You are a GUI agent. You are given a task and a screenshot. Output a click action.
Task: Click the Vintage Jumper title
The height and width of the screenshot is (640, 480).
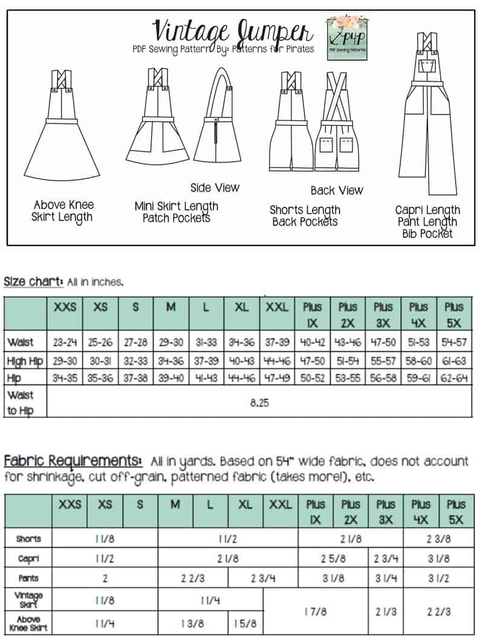pos(232,30)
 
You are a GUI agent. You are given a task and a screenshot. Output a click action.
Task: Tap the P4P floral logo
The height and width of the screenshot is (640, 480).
pos(348,37)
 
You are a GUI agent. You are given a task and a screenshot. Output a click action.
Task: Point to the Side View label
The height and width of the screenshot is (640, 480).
pos(215,188)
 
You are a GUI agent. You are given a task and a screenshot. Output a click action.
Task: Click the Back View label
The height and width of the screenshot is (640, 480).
pos(337,191)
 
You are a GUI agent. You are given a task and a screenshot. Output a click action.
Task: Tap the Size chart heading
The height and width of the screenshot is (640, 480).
pos(33,281)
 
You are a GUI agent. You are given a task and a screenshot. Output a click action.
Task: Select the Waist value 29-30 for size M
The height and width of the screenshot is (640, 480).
pos(171,342)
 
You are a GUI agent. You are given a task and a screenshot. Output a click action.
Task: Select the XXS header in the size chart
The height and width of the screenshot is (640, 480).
pos(65,307)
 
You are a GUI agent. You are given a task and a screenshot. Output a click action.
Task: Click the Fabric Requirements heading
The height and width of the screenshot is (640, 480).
pos(73,461)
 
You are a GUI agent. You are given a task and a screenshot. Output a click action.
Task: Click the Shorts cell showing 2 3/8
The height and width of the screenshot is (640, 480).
pos(437,539)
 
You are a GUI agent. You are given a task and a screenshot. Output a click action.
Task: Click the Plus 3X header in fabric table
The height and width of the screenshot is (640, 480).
pos(385,511)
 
